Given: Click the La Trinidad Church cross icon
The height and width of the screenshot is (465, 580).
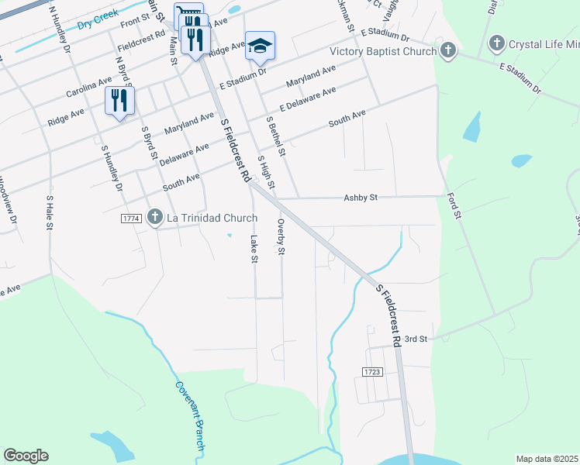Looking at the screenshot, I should (x=155, y=218).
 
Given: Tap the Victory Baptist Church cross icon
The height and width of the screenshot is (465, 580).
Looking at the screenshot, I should (x=447, y=51).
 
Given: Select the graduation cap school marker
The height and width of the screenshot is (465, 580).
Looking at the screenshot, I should (x=260, y=46).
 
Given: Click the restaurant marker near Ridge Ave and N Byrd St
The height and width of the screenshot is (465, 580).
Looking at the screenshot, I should (x=119, y=101).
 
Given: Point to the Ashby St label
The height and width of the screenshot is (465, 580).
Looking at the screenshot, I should (x=360, y=198).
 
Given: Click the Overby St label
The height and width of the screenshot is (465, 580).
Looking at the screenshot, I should (x=281, y=236).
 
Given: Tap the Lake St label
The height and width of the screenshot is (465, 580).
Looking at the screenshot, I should (x=254, y=249).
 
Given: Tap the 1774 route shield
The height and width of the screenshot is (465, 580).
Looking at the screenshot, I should (x=130, y=219).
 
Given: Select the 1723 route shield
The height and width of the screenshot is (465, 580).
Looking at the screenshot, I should (x=372, y=373).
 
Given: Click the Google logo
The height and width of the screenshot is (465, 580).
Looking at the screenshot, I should (x=26, y=456).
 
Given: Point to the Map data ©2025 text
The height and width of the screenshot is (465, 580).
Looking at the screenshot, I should (x=546, y=459).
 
